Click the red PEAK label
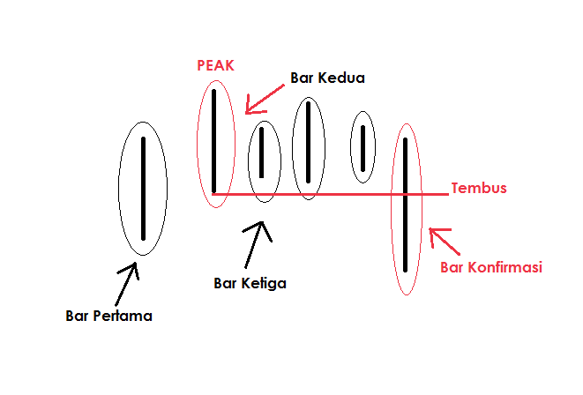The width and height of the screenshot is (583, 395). coord(216,66)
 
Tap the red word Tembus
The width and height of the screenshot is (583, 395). coord(479,188)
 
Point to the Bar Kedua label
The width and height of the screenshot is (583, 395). coord(327,78)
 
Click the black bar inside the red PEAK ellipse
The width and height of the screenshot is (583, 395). coord(214,141)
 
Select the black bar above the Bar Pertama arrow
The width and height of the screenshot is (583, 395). coord(143,188)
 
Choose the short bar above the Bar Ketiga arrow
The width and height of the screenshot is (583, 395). coord(262,153)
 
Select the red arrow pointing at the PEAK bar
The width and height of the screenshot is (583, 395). coord(261,99)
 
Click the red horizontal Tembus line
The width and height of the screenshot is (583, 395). coord(335,193)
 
